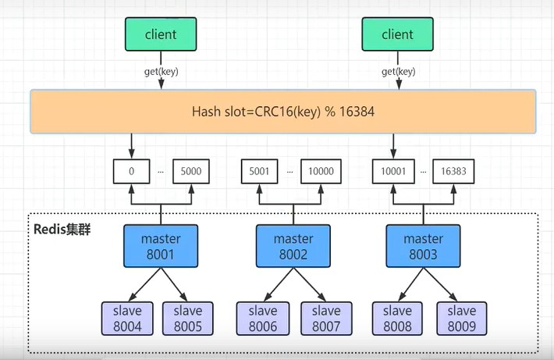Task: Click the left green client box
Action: [x=162, y=35]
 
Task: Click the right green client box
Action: [x=397, y=35]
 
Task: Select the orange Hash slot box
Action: [x=283, y=112]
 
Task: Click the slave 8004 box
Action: [x=126, y=318]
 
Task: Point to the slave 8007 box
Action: [x=325, y=318]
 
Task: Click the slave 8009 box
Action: [x=458, y=318]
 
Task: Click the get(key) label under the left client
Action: [x=161, y=72]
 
